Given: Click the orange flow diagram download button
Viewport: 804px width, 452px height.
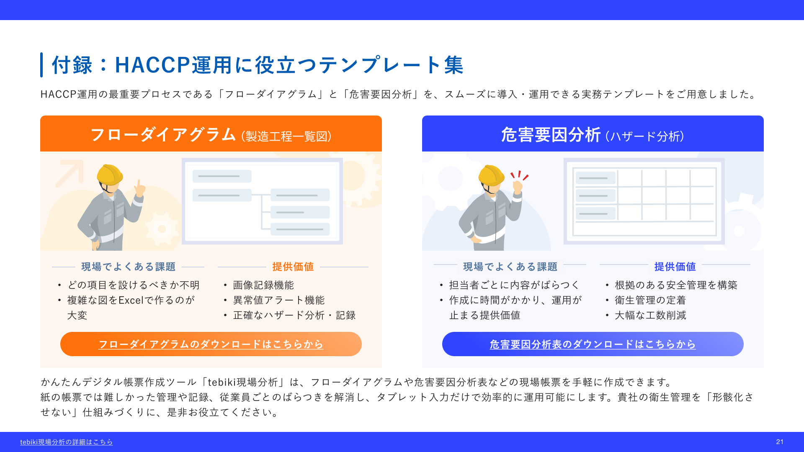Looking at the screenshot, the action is click(211, 344).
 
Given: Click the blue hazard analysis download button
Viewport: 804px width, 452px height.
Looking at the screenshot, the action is click(593, 344).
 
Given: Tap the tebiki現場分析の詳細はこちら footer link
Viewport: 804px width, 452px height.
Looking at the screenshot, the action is click(67, 442).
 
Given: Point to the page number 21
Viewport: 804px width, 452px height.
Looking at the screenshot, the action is click(780, 442).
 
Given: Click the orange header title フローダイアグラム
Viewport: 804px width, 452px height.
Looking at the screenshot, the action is click(163, 135).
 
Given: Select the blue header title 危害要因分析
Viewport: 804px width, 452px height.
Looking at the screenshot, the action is click(551, 135).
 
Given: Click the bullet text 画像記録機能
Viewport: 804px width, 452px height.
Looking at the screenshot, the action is click(263, 285).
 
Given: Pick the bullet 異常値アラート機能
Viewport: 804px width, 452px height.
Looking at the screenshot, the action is click(279, 300).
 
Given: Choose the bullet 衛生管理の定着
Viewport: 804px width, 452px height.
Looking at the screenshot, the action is click(650, 300).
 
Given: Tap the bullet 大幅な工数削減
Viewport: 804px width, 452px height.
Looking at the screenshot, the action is click(650, 315).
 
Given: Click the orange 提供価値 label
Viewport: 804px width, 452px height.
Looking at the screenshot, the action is click(293, 267).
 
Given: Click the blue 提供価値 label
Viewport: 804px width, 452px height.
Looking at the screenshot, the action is click(675, 267).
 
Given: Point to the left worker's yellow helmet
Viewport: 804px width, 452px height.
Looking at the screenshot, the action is click(110, 174).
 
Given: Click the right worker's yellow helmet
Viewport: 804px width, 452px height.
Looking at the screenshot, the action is click(492, 175).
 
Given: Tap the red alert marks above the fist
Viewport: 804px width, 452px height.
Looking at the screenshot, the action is click(519, 175).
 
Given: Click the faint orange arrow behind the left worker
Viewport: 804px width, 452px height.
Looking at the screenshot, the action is click(70, 173).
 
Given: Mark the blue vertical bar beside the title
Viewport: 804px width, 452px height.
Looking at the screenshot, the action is click(41, 65).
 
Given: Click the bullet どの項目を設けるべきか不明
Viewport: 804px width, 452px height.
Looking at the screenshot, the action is click(134, 285).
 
